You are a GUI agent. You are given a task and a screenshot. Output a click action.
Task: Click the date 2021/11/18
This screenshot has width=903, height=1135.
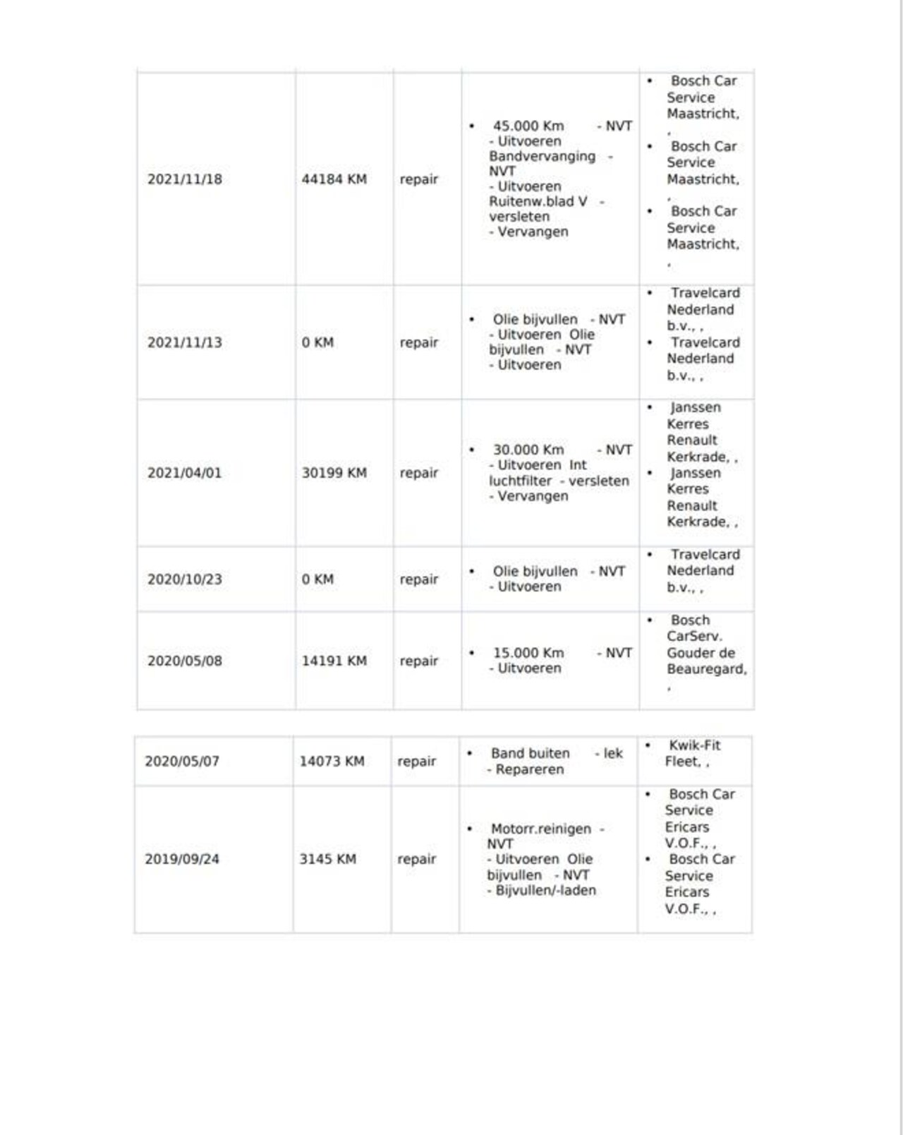(184, 179)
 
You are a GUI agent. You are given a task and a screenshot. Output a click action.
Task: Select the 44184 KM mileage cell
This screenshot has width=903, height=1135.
(334, 179)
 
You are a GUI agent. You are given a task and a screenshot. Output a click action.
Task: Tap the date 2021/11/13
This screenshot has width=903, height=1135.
(184, 342)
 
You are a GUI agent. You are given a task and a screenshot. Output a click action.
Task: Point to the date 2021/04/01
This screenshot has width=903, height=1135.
(184, 473)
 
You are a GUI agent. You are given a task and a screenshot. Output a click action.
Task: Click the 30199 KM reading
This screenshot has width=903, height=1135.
(334, 473)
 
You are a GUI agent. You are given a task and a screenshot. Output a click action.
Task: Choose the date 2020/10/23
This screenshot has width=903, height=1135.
(184, 579)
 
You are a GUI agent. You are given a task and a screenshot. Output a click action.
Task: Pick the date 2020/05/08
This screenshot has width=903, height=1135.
(184, 661)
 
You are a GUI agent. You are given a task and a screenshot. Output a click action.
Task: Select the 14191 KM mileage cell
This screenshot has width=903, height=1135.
(334, 661)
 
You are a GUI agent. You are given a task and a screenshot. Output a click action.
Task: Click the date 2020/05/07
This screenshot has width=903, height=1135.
(182, 762)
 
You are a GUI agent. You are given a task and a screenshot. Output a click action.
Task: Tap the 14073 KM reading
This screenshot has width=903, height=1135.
(332, 762)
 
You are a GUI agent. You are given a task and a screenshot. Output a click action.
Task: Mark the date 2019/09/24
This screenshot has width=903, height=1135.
(182, 859)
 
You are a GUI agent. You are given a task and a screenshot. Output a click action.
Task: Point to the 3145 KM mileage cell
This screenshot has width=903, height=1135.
(327, 859)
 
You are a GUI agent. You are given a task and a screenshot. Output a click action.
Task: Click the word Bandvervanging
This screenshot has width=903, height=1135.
(542, 157)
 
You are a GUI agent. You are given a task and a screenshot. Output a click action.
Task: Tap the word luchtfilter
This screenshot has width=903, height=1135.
(520, 481)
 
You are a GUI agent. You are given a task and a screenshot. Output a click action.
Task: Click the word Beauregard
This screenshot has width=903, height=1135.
(705, 668)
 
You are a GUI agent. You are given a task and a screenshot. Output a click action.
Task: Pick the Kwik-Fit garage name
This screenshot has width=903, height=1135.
(694, 745)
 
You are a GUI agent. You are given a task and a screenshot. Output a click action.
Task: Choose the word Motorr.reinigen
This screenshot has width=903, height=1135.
(540, 829)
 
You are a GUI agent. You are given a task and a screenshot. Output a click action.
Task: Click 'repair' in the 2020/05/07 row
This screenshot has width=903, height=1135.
(416, 762)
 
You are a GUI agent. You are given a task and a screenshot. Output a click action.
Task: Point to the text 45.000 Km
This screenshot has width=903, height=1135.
(528, 126)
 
